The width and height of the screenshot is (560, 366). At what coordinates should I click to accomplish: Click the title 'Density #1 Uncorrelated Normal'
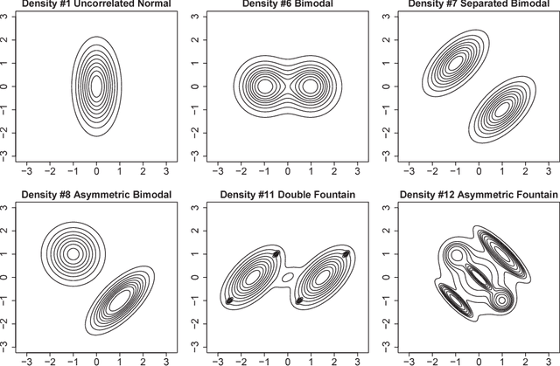96,6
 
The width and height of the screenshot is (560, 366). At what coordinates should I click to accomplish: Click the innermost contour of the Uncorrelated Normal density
96,86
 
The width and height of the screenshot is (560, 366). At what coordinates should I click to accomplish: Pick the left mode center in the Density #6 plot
263,86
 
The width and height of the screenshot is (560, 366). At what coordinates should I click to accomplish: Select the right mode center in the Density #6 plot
309,86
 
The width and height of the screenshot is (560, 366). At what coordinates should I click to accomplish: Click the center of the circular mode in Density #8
73,254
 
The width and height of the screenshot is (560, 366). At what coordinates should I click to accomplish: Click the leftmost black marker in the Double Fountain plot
230,300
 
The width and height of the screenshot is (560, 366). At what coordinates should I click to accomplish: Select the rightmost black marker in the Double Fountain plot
346,254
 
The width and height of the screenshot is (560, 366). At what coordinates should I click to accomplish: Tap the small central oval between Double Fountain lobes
287,278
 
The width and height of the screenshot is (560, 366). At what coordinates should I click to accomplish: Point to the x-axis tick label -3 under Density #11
216,359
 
